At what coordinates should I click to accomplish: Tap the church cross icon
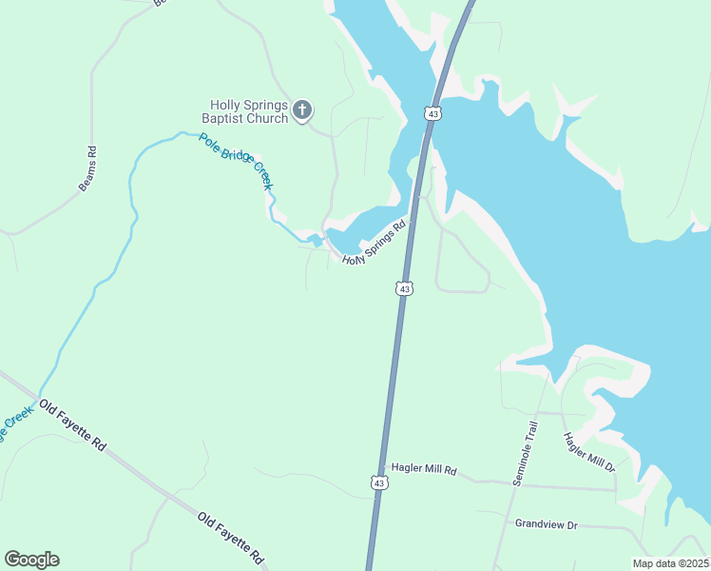tap(302, 111)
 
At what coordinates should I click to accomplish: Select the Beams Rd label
tap(87, 168)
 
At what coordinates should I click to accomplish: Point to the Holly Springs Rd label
tap(374, 244)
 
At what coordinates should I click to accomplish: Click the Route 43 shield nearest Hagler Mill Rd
tap(378, 483)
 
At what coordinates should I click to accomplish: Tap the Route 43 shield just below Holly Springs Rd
tap(405, 287)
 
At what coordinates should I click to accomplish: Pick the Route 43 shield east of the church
tap(433, 113)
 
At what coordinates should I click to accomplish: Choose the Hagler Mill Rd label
tap(424, 470)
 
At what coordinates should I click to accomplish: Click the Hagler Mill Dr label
tap(589, 453)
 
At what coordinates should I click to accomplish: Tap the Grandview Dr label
tap(547, 524)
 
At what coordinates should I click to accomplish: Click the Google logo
tap(31, 560)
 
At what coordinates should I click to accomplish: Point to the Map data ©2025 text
tap(669, 563)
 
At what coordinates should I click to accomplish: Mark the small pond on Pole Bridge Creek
tap(317, 240)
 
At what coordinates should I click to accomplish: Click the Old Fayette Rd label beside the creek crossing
tap(71, 425)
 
